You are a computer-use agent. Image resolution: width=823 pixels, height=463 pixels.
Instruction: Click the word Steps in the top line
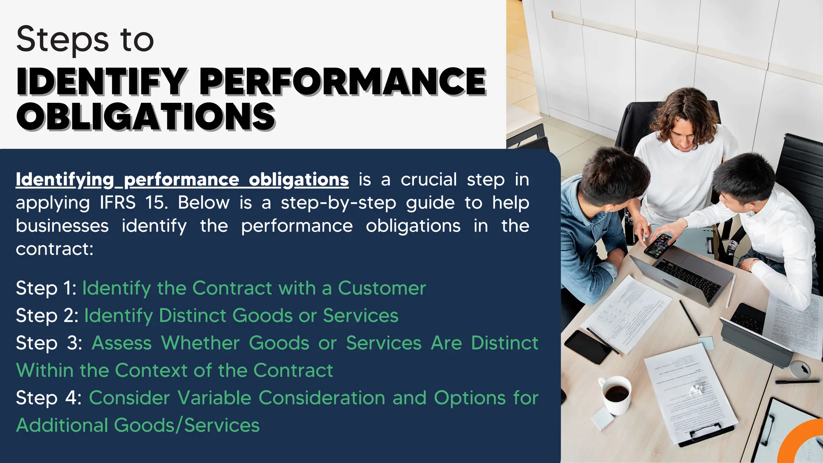tap(63, 39)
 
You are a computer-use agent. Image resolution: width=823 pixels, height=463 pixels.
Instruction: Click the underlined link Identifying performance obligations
tap(182, 180)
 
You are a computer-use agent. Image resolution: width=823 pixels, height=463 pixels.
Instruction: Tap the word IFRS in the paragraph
tap(118, 203)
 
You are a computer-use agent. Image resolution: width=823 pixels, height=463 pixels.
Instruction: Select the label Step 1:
tap(46, 289)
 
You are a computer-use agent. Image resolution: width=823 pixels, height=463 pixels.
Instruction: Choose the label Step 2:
tap(47, 316)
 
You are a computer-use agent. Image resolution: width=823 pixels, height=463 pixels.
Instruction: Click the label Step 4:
tap(49, 398)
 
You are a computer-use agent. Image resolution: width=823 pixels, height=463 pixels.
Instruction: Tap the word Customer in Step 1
tap(381, 288)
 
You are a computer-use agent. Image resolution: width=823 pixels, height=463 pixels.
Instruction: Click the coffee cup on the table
tap(615, 394)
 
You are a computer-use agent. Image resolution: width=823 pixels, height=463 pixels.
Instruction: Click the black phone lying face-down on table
tap(588, 347)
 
